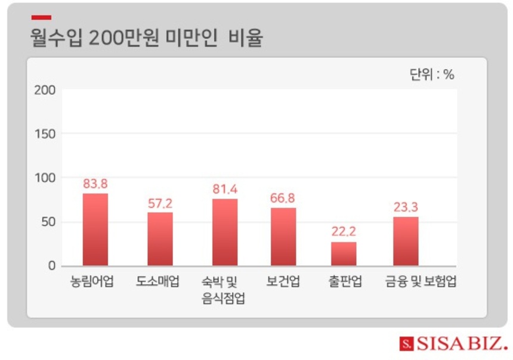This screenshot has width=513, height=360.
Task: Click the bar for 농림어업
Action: tap(95, 229)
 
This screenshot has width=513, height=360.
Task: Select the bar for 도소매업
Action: tap(160, 239)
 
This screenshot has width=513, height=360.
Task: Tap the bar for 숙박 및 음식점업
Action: tap(225, 232)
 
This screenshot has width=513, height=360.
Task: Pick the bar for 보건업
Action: tap(283, 237)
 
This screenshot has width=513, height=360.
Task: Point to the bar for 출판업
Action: tap(344, 254)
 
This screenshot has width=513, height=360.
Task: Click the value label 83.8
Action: tap(95, 184)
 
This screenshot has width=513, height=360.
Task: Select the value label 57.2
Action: tap(160, 203)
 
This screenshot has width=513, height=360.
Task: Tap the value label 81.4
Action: tap(225, 189)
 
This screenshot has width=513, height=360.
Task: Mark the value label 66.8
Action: tap(282, 198)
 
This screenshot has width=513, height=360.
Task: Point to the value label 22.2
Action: tap(344, 232)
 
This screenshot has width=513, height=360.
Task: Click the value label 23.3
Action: tap(406, 207)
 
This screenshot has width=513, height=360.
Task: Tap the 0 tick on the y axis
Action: tap(51, 266)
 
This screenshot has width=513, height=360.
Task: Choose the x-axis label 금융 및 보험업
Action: tap(421, 282)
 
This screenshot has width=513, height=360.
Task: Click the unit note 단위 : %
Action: tap(432, 75)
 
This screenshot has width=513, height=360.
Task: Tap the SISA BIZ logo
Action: tap(453, 344)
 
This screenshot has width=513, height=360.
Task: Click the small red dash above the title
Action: tap(41, 18)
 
